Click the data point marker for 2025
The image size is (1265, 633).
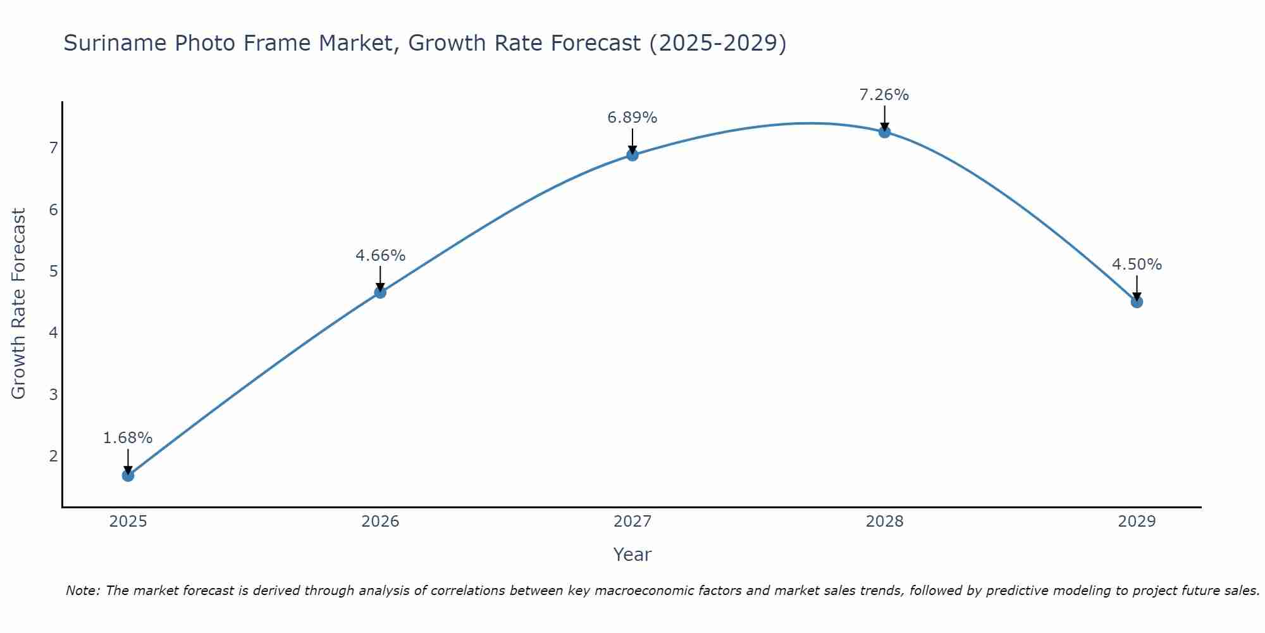coord(128,475)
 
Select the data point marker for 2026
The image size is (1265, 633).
coord(380,292)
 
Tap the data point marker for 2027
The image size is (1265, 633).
coord(632,154)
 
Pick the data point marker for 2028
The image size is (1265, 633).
coord(884,132)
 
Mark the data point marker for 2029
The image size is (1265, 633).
coord(1137,302)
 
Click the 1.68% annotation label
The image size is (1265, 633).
coord(128,438)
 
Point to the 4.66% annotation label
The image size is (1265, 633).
coord(380,256)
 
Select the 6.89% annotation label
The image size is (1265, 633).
coord(632,118)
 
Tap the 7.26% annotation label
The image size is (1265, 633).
coord(884,95)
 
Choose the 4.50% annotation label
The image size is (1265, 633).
coord(1137,265)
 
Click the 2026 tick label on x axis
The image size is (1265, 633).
coord(380,522)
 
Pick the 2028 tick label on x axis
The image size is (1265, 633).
coord(884,522)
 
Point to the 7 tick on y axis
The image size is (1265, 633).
coord(53,148)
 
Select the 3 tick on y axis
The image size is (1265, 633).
coord(53,395)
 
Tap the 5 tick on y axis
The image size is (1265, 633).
coord(53,272)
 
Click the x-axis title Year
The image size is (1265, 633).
coord(632,555)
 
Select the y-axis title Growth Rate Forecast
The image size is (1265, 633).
coord(19,304)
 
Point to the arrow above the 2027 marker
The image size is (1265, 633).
coord(632,141)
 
